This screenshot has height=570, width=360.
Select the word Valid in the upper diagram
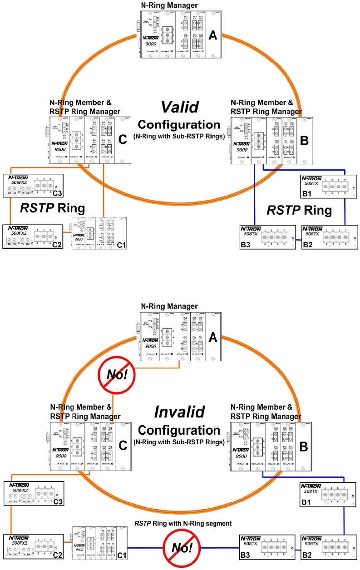click(180, 108)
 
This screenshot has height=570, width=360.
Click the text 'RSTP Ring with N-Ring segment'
click(183, 523)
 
